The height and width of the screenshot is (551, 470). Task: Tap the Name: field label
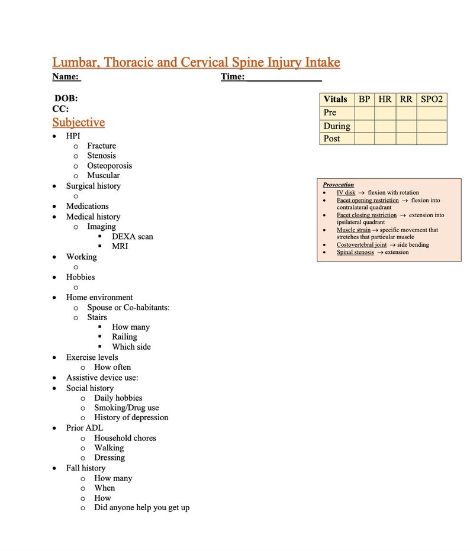click(66, 77)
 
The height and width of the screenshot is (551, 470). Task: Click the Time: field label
click(233, 77)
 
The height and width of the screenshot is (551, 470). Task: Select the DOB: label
click(66, 99)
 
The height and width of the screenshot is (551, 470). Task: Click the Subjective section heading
click(78, 123)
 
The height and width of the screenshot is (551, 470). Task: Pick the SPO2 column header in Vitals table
click(432, 99)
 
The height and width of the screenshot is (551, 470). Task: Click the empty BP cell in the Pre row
click(364, 112)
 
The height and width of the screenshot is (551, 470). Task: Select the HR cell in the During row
click(385, 126)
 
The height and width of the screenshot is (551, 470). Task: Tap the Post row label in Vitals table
click(331, 138)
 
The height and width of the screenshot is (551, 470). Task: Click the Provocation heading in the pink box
click(339, 185)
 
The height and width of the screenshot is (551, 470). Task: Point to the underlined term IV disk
click(346, 193)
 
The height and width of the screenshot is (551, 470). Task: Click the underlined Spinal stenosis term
click(355, 252)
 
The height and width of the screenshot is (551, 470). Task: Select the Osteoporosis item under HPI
click(110, 166)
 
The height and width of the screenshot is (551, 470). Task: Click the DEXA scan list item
click(132, 237)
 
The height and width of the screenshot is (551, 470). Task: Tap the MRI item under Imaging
click(120, 246)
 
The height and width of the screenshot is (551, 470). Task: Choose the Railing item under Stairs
click(124, 337)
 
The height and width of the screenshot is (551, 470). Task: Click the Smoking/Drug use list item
click(126, 408)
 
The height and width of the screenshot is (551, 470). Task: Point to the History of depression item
click(131, 417)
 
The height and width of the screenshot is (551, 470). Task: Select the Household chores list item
click(125, 438)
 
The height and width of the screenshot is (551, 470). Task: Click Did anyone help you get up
click(141, 507)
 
